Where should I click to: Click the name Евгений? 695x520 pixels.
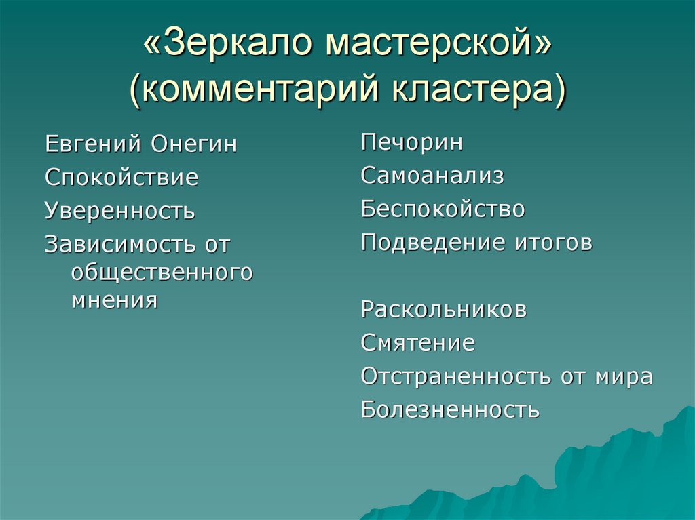tap(92, 144)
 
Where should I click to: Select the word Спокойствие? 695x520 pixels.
tap(121, 178)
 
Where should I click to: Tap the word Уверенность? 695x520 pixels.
tap(120, 212)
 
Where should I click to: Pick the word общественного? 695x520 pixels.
tap(162, 272)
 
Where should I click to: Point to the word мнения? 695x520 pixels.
tap(114, 300)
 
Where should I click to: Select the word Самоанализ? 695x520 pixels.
tap(432, 176)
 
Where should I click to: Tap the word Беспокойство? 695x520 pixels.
tap(443, 209)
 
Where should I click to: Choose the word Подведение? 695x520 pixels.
tap(428, 243)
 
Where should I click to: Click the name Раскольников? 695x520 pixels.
tap(444, 310)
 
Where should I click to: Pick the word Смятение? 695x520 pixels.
tap(417, 343)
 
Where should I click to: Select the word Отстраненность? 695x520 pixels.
tap(456, 376)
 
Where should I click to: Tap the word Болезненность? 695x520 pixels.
tap(450, 409)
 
